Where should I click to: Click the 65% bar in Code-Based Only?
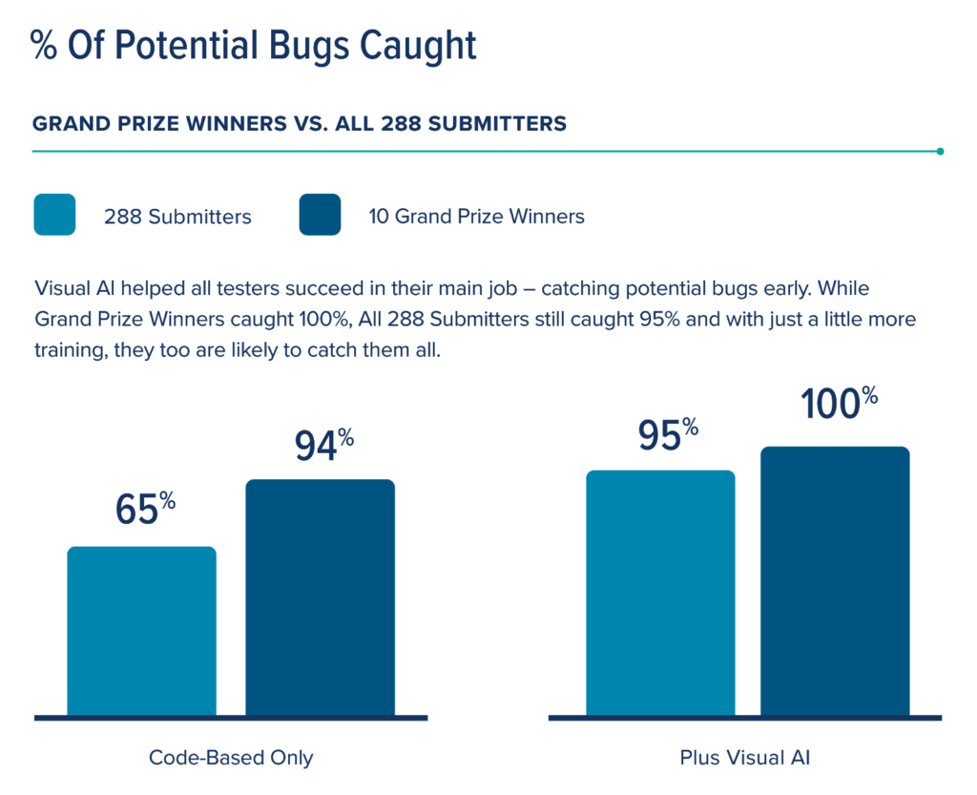142,631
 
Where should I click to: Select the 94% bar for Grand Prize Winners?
321,597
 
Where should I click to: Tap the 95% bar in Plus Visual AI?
660,593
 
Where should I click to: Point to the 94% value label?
323,446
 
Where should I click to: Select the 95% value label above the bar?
667,435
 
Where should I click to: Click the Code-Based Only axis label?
231,758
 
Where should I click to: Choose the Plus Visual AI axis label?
745,758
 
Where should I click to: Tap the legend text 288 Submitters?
177,217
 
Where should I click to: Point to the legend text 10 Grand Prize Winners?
476,217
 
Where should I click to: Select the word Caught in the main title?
420,46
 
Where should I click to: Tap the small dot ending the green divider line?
941,151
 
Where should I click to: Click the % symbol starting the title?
44,46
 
